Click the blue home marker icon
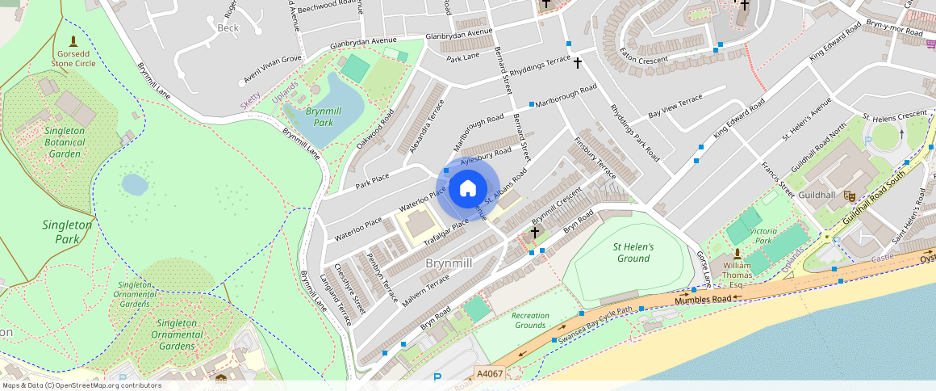[467, 189]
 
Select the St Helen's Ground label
[633, 252]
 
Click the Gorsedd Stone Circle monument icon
[73, 40]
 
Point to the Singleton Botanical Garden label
[65, 142]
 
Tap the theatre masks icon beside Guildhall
[849, 195]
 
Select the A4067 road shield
[490, 373]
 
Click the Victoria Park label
[763, 235]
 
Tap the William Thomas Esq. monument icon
[737, 255]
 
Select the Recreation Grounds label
[530, 320]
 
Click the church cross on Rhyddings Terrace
[577, 62]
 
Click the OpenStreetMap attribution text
[81, 385]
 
